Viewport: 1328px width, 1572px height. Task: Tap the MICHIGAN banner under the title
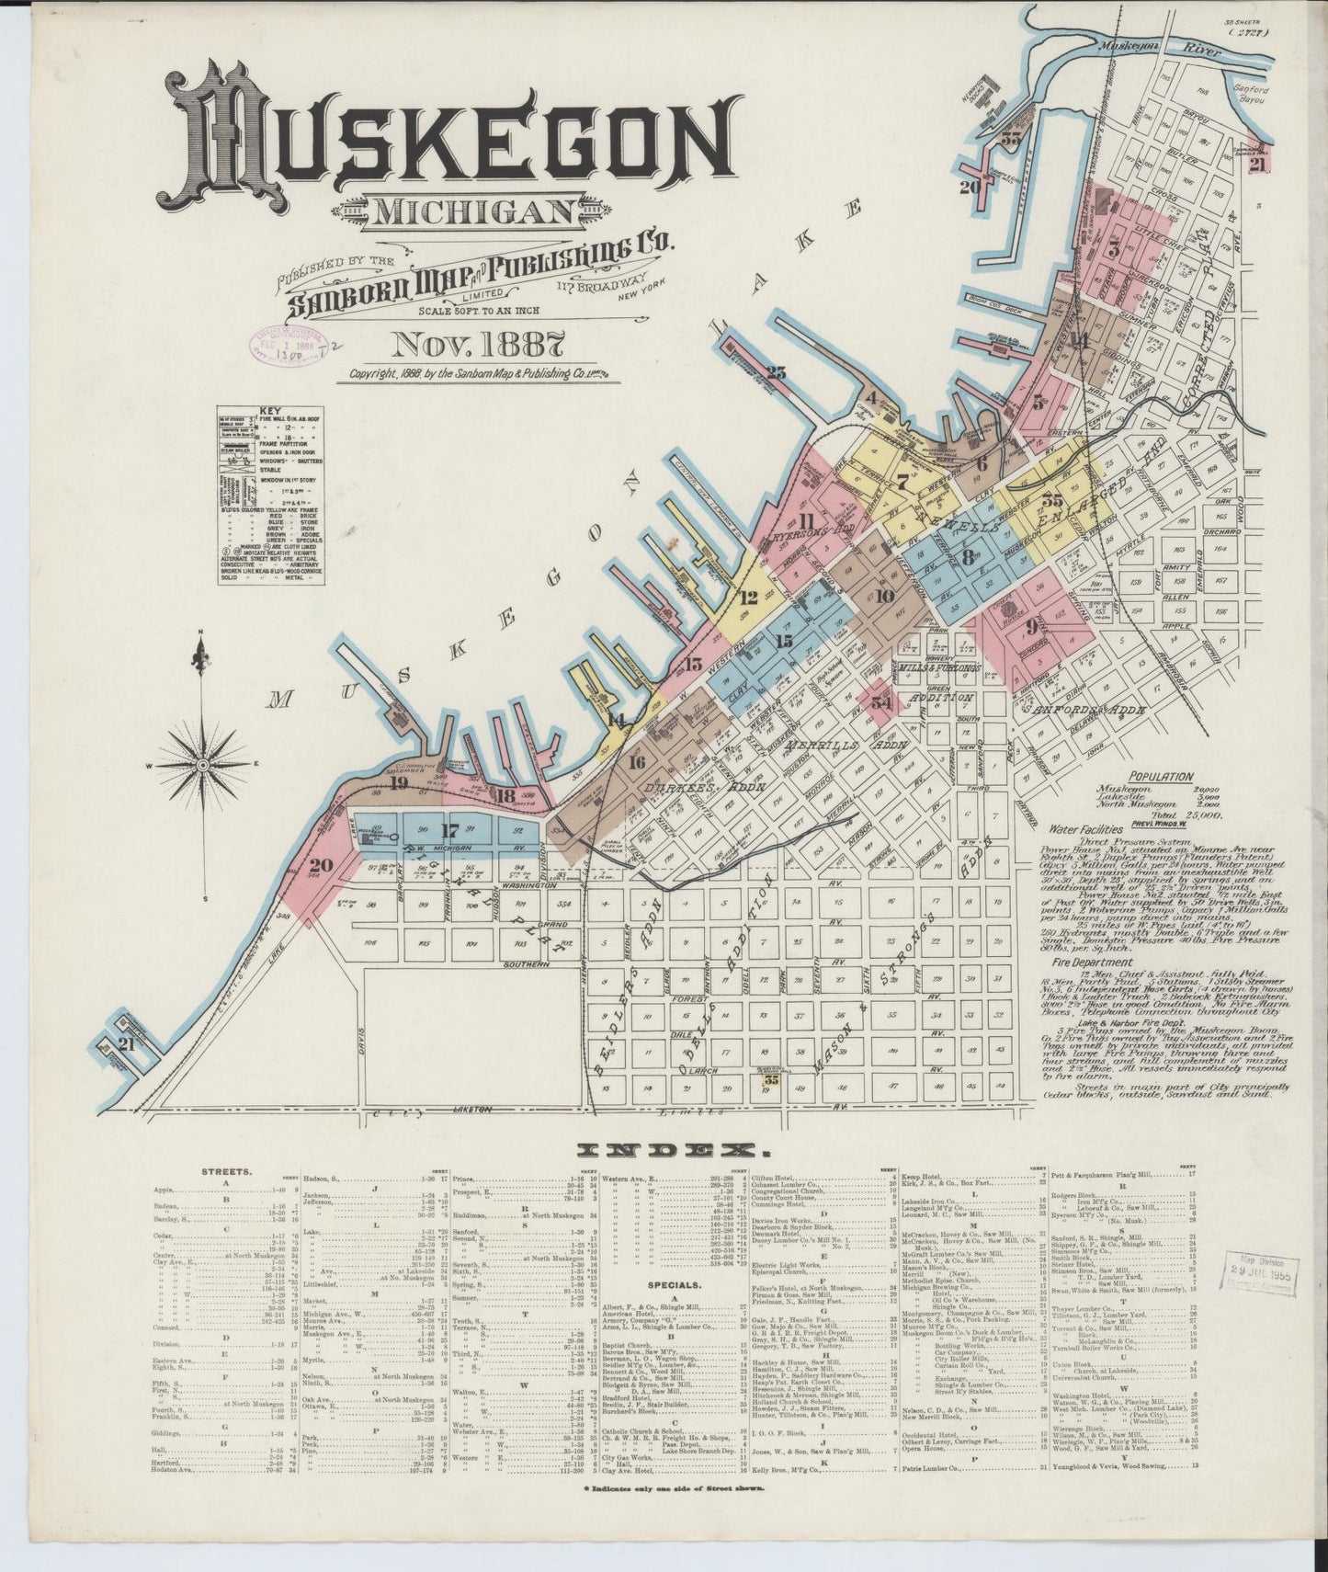[471, 212]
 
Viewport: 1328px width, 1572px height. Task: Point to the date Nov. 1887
[477, 345]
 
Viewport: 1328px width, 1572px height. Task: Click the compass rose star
[201, 764]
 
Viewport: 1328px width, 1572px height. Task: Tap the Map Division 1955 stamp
[1258, 1272]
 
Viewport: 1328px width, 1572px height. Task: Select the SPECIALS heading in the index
[670, 1284]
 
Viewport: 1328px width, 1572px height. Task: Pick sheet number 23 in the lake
[777, 372]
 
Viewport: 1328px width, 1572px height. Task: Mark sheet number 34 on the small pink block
[881, 703]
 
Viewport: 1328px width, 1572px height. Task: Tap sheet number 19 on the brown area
[397, 783]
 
